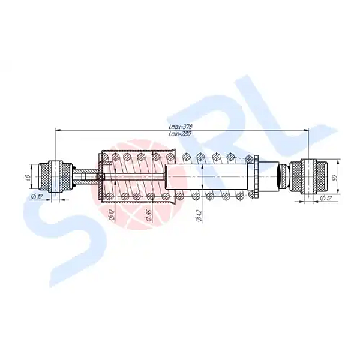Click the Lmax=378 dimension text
pos(181,127)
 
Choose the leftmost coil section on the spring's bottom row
pos(109,196)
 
